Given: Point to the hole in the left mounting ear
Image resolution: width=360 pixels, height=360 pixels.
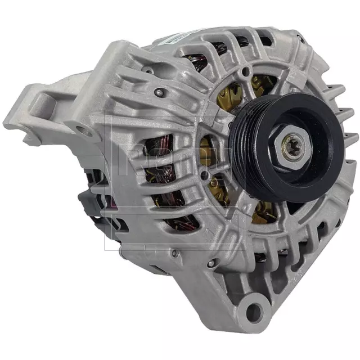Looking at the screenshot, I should click(x=83, y=130).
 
